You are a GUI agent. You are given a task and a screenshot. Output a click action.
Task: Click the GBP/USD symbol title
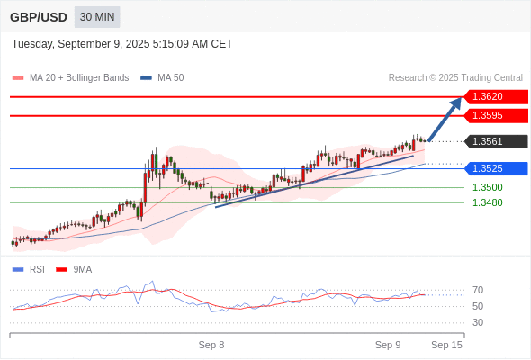pyautogui.click(x=39, y=17)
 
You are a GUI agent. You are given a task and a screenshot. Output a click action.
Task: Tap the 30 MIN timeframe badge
pyautogui.click(x=97, y=17)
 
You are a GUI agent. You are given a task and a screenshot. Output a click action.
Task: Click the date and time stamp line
pyautogui.click(x=121, y=43)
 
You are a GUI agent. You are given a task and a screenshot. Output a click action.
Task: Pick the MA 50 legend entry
pyautogui.click(x=163, y=77)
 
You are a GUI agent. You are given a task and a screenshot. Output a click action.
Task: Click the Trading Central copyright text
pyautogui.click(x=455, y=77)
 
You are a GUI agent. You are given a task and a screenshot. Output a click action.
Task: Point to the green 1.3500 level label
pyautogui.click(x=488, y=187)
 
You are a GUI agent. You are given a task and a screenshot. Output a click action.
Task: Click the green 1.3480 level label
pyautogui.click(x=488, y=202)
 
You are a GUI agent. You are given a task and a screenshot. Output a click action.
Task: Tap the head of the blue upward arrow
pyautogui.click(x=458, y=102)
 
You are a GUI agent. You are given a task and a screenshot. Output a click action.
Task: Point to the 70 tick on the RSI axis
pyautogui.click(x=478, y=290)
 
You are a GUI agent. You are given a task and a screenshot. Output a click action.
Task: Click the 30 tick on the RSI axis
pyautogui.click(x=478, y=322)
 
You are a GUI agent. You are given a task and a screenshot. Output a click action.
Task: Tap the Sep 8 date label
pyautogui.click(x=211, y=345)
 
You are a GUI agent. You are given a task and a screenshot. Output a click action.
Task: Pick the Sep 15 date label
pyautogui.click(x=446, y=345)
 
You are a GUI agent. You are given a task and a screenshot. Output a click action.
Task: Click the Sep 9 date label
pyautogui.click(x=388, y=345)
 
